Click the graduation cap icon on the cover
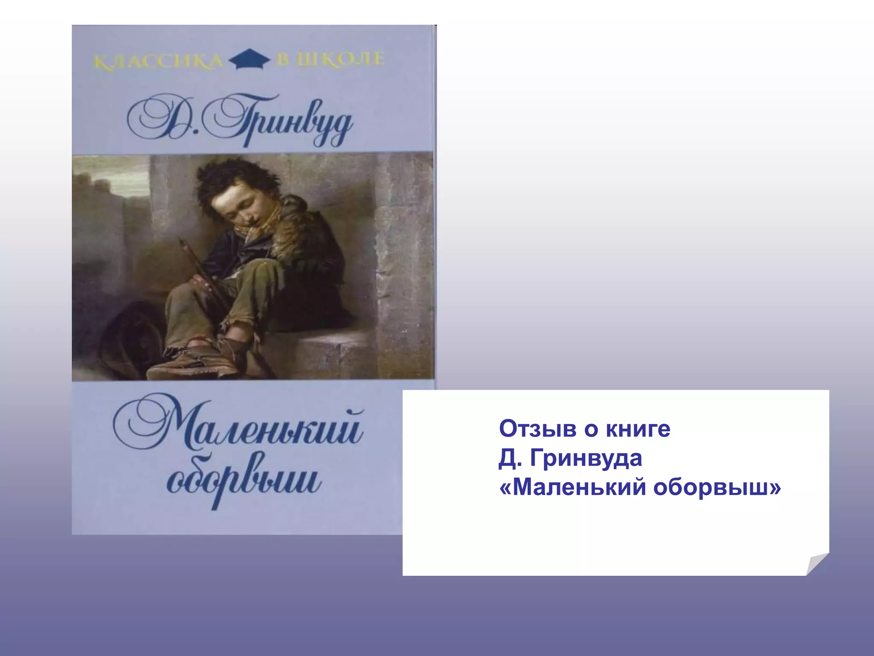click(250, 60)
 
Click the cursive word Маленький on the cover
click(239, 427)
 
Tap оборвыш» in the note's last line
click(717, 487)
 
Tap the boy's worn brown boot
click(196, 363)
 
